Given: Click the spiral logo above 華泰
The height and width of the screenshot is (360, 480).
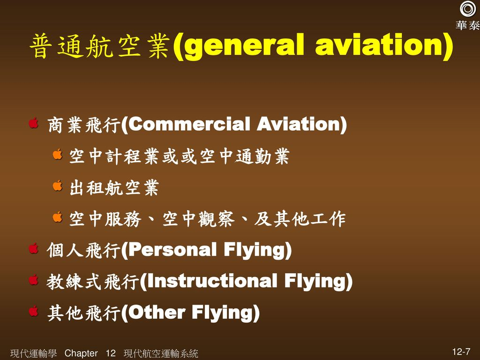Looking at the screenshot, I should click(467, 9).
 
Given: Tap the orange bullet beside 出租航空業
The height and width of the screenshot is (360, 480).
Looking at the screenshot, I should click(58, 187).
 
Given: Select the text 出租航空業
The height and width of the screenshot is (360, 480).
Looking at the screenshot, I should click(114, 188).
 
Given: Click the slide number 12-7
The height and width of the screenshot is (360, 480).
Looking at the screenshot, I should click(462, 352).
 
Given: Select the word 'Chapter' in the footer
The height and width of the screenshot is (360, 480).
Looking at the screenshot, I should click(82, 353).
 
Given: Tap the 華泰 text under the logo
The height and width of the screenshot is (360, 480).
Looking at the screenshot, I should click(467, 26).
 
